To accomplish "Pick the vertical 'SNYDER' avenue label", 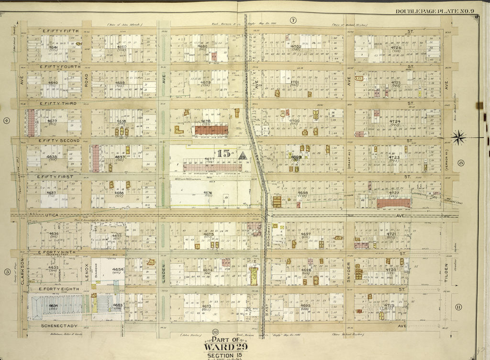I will [349, 273].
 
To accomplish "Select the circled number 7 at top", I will [293, 20].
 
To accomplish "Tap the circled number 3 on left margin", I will [7, 272].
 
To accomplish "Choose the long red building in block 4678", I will [211, 130].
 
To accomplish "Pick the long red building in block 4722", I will [393, 203].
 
